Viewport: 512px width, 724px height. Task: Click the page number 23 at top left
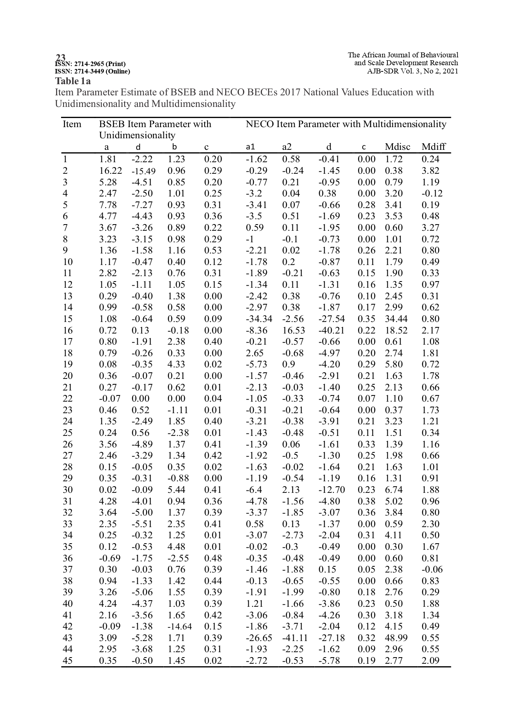(x=61, y=57)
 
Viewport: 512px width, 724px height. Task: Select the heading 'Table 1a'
(x=73, y=81)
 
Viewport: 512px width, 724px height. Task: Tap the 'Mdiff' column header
(x=434, y=147)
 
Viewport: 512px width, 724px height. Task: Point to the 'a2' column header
(x=287, y=147)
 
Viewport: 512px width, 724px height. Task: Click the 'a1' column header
(x=250, y=147)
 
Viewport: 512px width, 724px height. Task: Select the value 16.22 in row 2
(x=108, y=171)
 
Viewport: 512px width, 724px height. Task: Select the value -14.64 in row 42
(x=179, y=627)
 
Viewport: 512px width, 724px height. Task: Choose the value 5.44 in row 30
(x=176, y=490)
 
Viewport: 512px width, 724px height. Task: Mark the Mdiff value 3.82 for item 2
(x=430, y=171)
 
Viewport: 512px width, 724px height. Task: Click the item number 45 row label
(x=67, y=660)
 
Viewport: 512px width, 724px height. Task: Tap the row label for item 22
(x=67, y=399)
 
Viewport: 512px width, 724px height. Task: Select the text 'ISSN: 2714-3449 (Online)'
(x=92, y=71)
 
